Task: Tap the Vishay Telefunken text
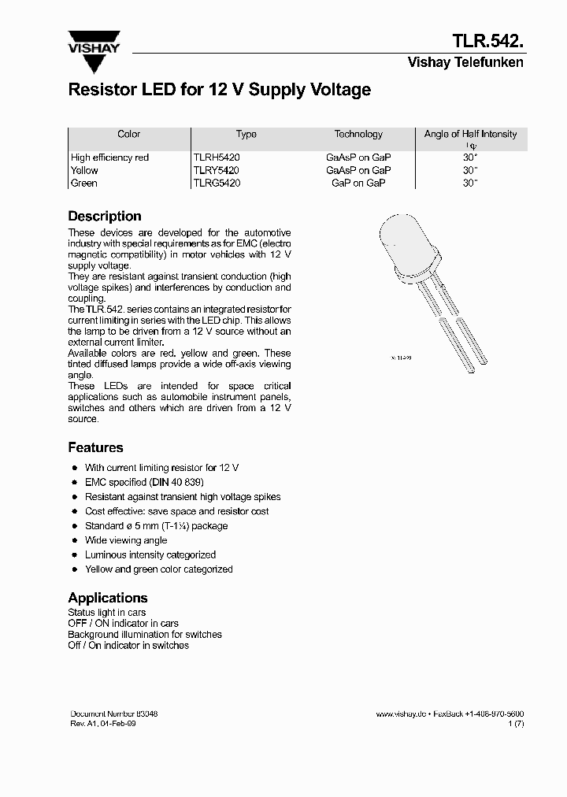click(x=465, y=63)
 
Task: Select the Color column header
click(x=128, y=135)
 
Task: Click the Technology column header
click(x=358, y=135)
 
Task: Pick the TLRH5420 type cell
click(x=217, y=158)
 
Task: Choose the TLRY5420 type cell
click(x=217, y=170)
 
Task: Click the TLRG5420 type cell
click(x=217, y=183)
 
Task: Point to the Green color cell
click(x=84, y=183)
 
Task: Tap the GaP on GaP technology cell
click(x=358, y=183)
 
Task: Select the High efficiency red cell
click(x=109, y=158)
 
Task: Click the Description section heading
click(x=105, y=217)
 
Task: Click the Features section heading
click(x=95, y=447)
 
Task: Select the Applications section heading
click(x=108, y=598)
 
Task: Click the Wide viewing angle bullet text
click(x=126, y=540)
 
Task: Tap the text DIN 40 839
click(x=176, y=482)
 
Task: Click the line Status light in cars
click(x=107, y=613)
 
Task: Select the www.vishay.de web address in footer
click(x=401, y=714)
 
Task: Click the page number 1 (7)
click(x=516, y=724)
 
